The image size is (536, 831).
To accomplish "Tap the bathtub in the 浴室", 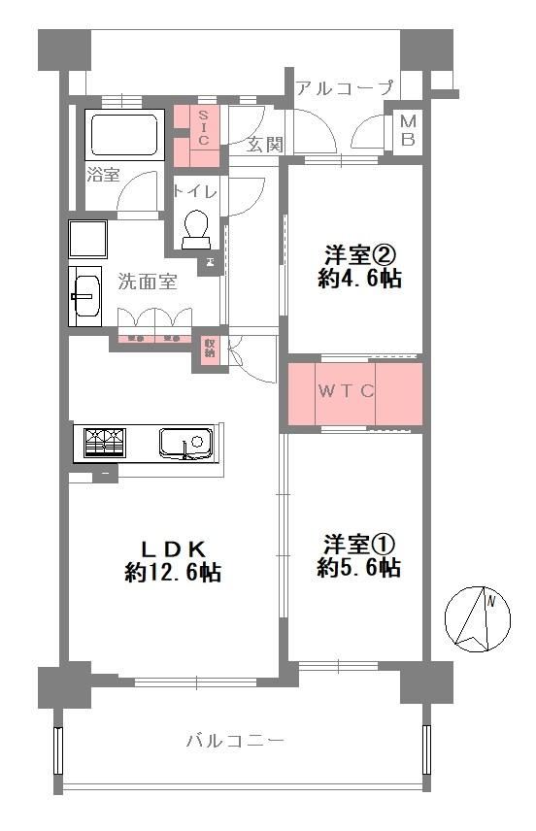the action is coord(124,136).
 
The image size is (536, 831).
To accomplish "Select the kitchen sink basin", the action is coord(186,443).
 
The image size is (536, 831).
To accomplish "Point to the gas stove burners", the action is coord(106,442).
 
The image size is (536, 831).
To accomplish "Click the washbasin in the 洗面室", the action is coord(86,296).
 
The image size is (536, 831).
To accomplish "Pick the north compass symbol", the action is coord(477,619).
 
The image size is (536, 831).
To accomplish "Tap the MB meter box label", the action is coord(408,130).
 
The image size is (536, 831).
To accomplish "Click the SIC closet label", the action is coord(204,128).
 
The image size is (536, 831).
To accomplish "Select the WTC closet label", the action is coord(347,391).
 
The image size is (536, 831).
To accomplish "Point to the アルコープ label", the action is coord(345,86).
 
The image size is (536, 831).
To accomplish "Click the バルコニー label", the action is coord(235,741).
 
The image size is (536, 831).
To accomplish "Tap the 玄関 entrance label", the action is coord(264,144).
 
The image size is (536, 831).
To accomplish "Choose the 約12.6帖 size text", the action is coord(174,573).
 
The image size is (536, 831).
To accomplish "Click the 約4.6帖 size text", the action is coord(359,278).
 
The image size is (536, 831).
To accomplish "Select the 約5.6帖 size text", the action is coord(359,567).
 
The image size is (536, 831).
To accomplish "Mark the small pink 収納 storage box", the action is coord(210,349).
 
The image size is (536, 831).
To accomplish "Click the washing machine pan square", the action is coord(87,239).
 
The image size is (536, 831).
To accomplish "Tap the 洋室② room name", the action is coord(360,255).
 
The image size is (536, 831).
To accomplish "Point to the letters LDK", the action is coord(173,548).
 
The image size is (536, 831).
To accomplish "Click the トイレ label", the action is coord(195,191).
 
